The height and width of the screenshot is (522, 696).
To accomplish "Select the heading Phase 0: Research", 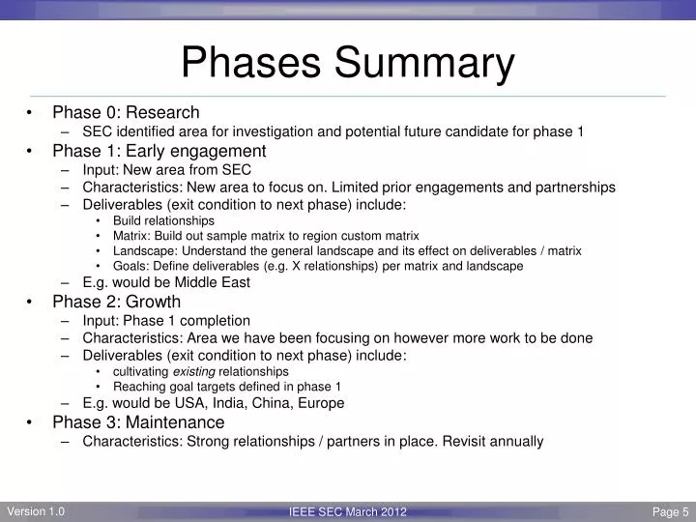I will (126, 112).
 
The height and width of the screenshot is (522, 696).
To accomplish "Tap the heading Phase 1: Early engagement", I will (159, 151).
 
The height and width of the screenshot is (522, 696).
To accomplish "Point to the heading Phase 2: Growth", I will (116, 302).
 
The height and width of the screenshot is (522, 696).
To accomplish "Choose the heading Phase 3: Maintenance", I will (138, 422).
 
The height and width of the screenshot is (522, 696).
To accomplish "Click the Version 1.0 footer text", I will (36, 512).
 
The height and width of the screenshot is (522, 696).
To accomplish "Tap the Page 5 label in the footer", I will (670, 512).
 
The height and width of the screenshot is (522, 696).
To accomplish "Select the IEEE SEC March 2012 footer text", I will (348, 512).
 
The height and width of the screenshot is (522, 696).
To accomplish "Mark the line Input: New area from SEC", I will (166, 169).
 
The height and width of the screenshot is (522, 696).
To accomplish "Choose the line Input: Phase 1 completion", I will (166, 320).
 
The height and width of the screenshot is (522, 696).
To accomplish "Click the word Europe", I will (322, 403).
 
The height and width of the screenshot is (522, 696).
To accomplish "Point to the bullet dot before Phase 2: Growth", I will (32, 303).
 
